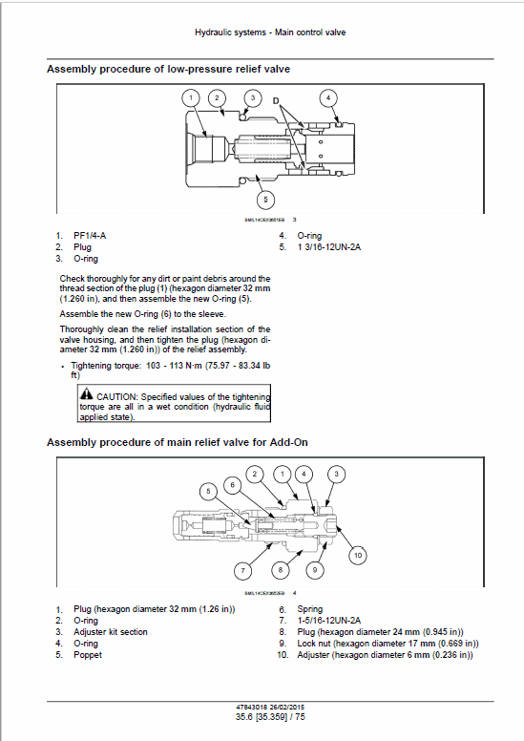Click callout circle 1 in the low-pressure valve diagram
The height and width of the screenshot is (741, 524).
pos(192,97)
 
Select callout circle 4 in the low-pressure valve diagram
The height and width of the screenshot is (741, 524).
pos(327,97)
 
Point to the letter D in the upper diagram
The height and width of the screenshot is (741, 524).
pos(277,100)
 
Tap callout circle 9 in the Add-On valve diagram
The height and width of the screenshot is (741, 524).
pos(313,543)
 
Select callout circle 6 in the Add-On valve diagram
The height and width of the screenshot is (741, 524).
pos(232,485)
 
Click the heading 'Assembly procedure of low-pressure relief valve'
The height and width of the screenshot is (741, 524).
pos(168,69)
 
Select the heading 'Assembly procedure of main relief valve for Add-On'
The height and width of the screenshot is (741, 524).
pos(177,442)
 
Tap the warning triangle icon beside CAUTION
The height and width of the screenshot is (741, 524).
pos(87,394)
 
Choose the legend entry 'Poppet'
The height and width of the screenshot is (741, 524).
pos(88,655)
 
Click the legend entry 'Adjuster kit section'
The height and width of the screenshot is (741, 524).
pos(111,632)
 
